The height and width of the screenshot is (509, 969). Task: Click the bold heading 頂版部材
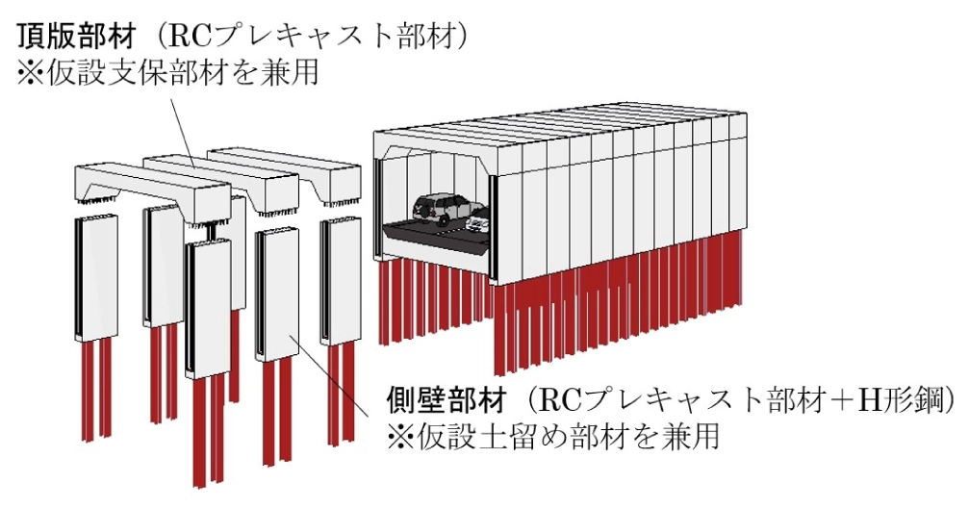pos(76,38)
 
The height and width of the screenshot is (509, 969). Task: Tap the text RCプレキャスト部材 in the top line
pos(309,38)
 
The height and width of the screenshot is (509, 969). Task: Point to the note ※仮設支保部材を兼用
pos(167,72)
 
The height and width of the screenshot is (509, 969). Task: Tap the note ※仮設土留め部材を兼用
pos(552,436)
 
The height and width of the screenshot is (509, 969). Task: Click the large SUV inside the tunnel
pos(447,209)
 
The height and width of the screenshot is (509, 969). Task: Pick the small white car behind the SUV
pos(479,221)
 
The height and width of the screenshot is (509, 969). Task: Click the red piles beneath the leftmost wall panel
pos(96,388)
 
